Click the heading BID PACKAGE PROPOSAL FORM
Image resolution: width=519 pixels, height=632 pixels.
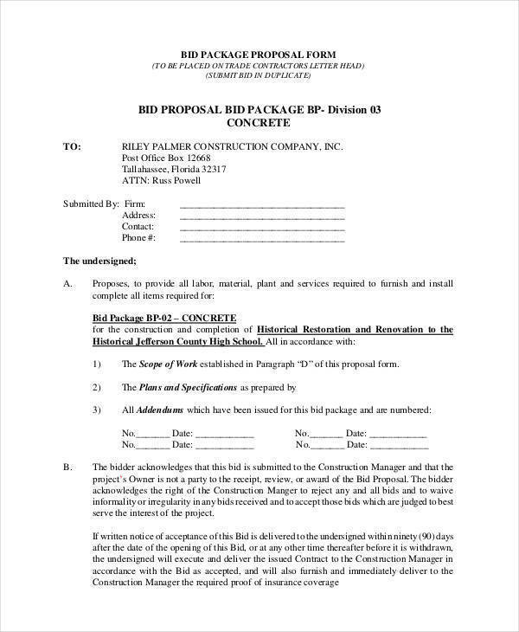tap(259, 54)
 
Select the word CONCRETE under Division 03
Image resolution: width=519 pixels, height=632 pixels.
tap(259, 124)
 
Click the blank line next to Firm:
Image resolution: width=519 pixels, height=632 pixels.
tap(261, 204)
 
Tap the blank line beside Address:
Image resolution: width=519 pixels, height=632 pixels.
tap(261, 216)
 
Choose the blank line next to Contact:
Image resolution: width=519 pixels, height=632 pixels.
tap(261, 227)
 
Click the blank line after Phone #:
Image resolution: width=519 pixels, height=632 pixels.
tap(261, 238)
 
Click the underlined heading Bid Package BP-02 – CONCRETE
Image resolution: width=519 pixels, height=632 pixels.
tap(163, 318)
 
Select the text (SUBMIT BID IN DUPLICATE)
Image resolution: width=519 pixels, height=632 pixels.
tap(259, 76)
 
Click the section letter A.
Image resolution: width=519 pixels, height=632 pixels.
tap(68, 283)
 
